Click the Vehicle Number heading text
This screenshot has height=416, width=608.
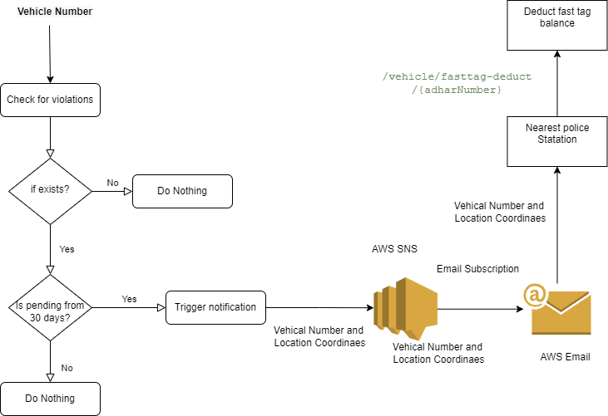pyautogui.click(x=55, y=12)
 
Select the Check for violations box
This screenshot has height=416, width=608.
pyautogui.click(x=50, y=100)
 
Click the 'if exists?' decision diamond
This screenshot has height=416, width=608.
pyautogui.click(x=50, y=190)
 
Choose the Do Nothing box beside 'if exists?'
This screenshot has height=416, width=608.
pyautogui.click(x=182, y=191)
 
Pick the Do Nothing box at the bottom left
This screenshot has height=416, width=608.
pyautogui.click(x=50, y=399)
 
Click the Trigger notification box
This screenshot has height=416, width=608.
pyautogui.click(x=215, y=307)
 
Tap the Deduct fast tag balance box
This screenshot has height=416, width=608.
pyautogui.click(x=556, y=17)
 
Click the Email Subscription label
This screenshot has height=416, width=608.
pyautogui.click(x=477, y=269)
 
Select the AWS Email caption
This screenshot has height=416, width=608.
pyautogui.click(x=565, y=357)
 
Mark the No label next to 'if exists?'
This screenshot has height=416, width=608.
pyautogui.click(x=113, y=182)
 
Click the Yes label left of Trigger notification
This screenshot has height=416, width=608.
pyautogui.click(x=129, y=298)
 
